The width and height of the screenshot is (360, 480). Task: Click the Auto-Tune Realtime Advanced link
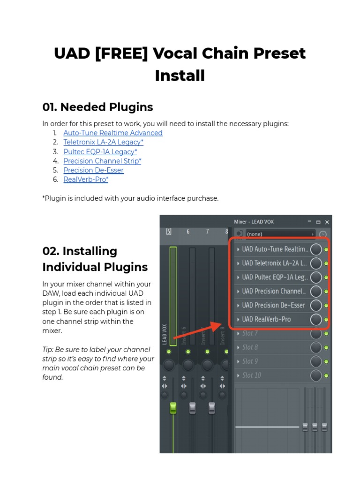(113, 133)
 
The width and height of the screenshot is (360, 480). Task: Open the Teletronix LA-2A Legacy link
(103, 142)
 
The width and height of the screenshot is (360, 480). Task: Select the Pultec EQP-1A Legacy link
(100, 151)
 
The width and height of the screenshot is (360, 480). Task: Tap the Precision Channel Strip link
(102, 161)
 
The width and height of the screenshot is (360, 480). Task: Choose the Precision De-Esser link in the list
(93, 170)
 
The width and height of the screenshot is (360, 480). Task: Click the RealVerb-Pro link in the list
(86, 180)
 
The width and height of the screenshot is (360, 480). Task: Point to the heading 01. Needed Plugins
(97, 107)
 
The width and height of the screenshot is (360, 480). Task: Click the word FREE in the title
(121, 53)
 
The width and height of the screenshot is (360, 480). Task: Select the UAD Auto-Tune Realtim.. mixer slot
(272, 249)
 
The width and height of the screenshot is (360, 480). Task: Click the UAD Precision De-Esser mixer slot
(272, 305)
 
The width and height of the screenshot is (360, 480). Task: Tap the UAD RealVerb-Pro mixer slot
(272, 319)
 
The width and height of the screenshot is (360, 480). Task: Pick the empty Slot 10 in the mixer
(272, 375)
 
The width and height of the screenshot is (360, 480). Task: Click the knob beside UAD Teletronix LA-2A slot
(316, 263)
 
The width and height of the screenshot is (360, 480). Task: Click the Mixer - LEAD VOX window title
(254, 222)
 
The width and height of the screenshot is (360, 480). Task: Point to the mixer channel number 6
(188, 232)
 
